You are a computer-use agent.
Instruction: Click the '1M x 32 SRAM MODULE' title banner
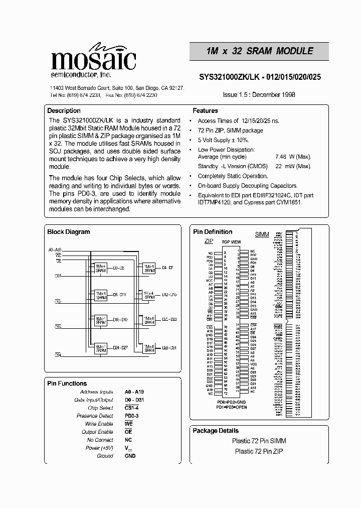click(259, 51)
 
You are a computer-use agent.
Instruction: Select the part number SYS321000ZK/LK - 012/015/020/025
click(260, 78)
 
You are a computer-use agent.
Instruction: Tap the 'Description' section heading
click(64, 110)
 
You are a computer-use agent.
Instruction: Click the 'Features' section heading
click(205, 110)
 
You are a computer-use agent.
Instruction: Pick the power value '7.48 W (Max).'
click(293, 157)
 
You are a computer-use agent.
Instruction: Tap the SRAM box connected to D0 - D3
click(101, 267)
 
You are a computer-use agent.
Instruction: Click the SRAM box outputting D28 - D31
click(149, 348)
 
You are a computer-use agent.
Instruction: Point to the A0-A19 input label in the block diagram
click(55, 249)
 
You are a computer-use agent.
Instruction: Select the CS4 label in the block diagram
click(58, 355)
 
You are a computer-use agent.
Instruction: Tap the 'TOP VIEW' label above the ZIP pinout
click(231, 242)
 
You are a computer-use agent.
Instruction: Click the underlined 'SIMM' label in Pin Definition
click(262, 234)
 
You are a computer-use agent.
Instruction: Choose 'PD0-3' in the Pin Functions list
click(132, 416)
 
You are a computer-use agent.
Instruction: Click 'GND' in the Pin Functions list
click(130, 456)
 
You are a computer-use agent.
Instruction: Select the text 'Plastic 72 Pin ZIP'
click(259, 451)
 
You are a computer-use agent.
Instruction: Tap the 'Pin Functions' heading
click(67, 384)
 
